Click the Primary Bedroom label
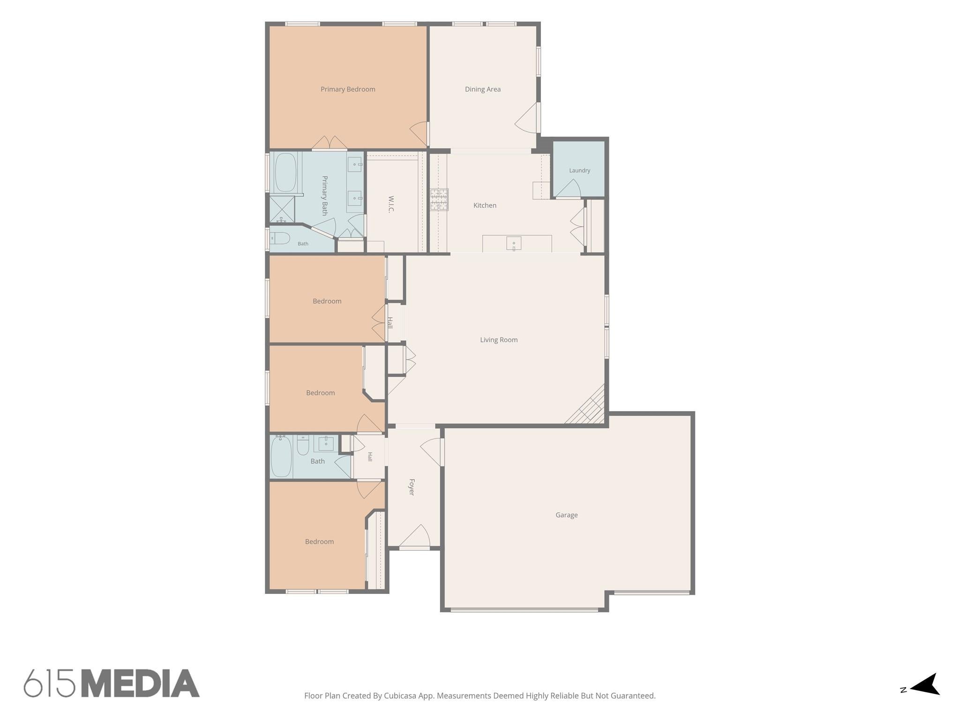[x=348, y=89]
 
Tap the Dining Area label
[x=483, y=89]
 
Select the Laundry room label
[x=579, y=171]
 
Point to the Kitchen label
[x=485, y=205]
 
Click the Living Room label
[x=499, y=340]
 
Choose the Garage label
[x=566, y=515]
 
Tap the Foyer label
[x=412, y=487]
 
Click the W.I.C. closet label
[x=391, y=204]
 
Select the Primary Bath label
[x=324, y=195]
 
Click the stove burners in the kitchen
[x=439, y=200]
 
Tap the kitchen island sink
[x=514, y=243]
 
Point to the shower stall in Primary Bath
[x=282, y=209]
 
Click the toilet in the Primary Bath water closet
[x=280, y=239]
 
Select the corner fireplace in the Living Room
[x=586, y=405]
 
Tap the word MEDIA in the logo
[x=141, y=683]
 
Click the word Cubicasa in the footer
[x=400, y=696]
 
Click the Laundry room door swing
[x=569, y=188]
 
